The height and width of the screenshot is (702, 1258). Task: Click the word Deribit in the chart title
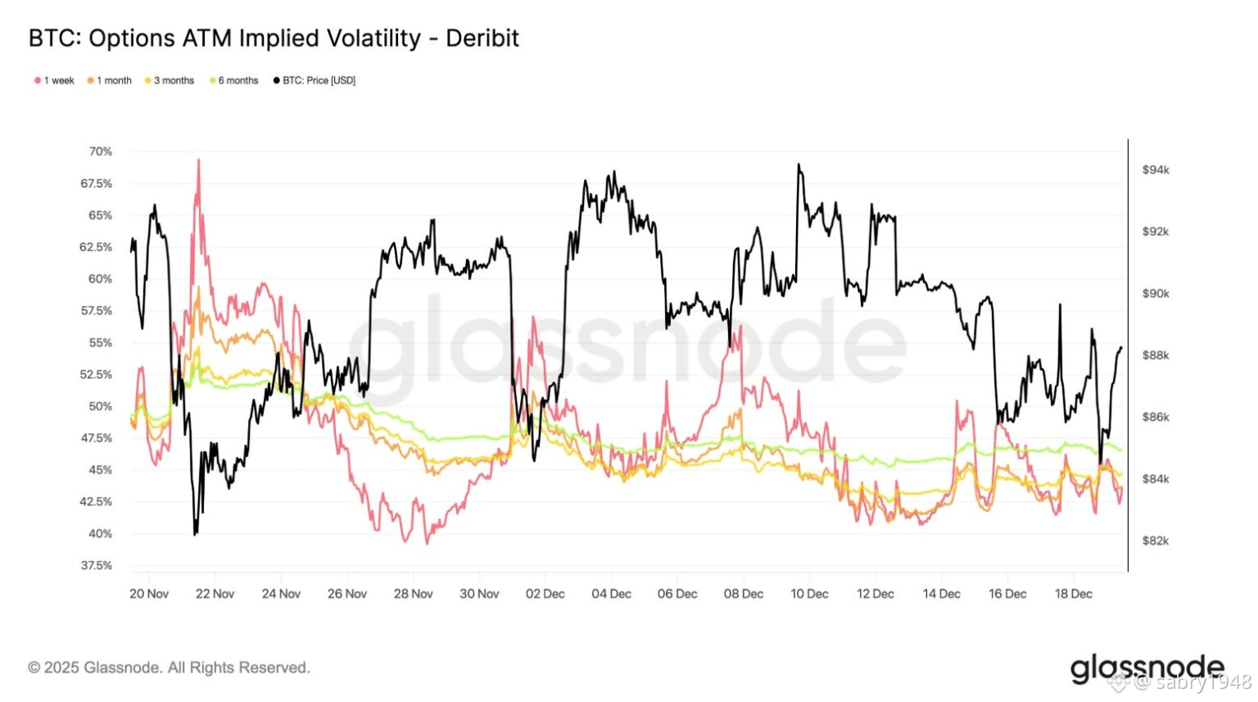(x=482, y=38)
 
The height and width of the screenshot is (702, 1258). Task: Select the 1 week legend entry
(x=55, y=80)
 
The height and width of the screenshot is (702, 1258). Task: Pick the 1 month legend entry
(x=110, y=80)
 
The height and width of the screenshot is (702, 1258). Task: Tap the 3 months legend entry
(x=170, y=80)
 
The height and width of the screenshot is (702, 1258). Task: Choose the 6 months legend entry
(x=234, y=80)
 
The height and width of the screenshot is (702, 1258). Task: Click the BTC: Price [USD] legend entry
(x=314, y=80)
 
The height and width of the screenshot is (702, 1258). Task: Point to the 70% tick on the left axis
(x=101, y=152)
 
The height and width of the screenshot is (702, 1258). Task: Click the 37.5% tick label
(x=97, y=566)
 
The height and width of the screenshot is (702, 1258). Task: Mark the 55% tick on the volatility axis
(x=101, y=342)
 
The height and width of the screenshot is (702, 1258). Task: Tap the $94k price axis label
(x=1156, y=170)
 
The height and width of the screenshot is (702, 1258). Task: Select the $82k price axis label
(x=1156, y=541)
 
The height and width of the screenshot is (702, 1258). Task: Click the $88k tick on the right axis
(x=1156, y=356)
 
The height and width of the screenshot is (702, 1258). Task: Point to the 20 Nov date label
(x=149, y=594)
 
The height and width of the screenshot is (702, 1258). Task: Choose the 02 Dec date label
(x=545, y=594)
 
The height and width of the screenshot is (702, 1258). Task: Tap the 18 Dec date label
(x=1073, y=594)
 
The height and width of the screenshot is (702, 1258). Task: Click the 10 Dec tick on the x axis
(x=809, y=594)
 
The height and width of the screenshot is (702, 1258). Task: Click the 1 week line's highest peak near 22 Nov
(x=198, y=161)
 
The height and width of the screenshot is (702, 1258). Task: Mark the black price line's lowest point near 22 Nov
(x=195, y=534)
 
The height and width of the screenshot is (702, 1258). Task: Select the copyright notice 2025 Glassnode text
(x=169, y=668)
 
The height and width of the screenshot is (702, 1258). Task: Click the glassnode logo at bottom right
(x=1147, y=668)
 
